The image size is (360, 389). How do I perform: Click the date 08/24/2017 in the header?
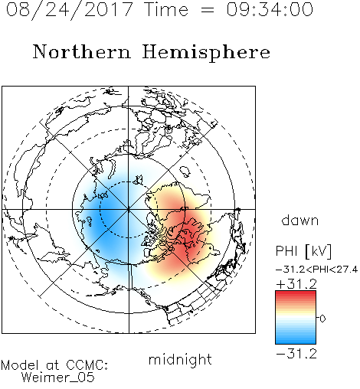coord(69,10)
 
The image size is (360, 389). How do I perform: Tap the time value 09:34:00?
coord(270,9)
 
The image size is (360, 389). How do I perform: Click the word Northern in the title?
coord(81,52)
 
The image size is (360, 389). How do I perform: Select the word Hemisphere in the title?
coord(206,53)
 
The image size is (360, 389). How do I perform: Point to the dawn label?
coord(300,221)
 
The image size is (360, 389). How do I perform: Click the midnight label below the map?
coord(180,360)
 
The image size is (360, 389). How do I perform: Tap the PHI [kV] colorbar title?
coord(304,252)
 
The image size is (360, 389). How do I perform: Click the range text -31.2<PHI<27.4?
coord(316,270)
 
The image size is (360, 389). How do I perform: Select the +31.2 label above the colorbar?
coord(296,284)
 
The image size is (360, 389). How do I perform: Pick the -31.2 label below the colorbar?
coord(296,354)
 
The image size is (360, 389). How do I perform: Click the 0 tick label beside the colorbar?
coord(322,319)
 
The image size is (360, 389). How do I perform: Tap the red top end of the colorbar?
coord(296,293)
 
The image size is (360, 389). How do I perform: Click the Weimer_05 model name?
coord(58,378)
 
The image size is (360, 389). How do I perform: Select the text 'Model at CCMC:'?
coord(54,365)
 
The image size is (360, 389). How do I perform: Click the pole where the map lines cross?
coord(129,209)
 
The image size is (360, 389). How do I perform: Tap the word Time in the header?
coord(166,9)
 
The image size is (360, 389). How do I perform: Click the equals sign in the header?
coord(208,10)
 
